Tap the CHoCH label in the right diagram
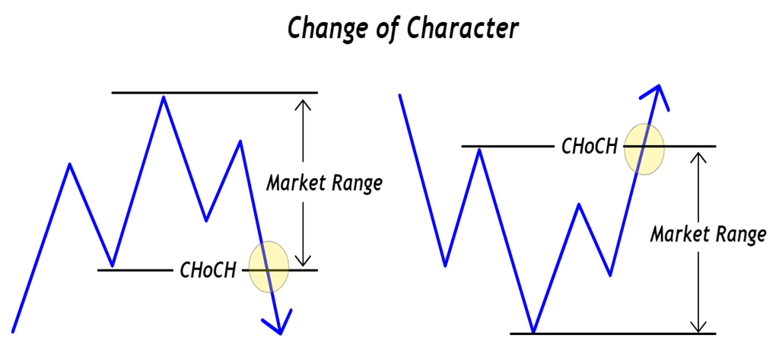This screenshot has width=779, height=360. tap(589, 145)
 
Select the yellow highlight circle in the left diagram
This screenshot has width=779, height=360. tap(269, 266)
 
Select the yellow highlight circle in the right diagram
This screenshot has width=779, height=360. tap(644, 149)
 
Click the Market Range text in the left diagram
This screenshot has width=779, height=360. tap(323, 183)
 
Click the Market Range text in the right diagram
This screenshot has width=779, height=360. tap(707, 234)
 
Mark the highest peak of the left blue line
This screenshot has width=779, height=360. tap(162, 97)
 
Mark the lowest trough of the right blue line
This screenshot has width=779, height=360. tap(534, 332)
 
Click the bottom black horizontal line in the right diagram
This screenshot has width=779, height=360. tap(613, 333)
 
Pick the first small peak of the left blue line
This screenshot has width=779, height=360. tap(71, 164)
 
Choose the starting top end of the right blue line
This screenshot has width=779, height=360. tap(399, 94)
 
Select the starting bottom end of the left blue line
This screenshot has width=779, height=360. tap(14, 331)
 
